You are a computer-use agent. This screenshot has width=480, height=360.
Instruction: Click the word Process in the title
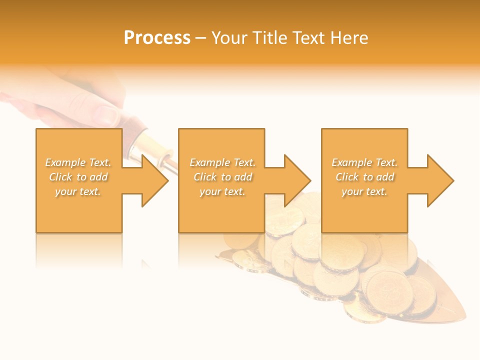coord(157,38)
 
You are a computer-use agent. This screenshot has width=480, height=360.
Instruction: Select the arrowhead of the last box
coord(439,180)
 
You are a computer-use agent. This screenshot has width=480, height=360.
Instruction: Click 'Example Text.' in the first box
coord(78,162)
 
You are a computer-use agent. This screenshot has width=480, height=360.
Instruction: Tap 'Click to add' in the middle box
coord(222,177)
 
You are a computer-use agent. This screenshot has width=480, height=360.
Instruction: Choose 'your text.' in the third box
coord(364,191)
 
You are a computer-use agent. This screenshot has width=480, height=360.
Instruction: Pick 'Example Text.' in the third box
coord(364,162)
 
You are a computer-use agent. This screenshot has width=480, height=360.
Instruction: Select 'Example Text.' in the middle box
coord(222,162)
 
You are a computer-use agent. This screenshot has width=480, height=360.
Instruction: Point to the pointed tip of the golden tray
coord(463,317)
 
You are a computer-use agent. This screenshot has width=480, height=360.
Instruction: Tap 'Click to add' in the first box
coord(78,177)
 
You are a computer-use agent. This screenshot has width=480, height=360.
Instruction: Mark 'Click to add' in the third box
coord(364,177)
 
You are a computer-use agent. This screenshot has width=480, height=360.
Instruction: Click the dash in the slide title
coord(200,38)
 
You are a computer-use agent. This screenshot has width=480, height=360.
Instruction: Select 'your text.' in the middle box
coord(222,191)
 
